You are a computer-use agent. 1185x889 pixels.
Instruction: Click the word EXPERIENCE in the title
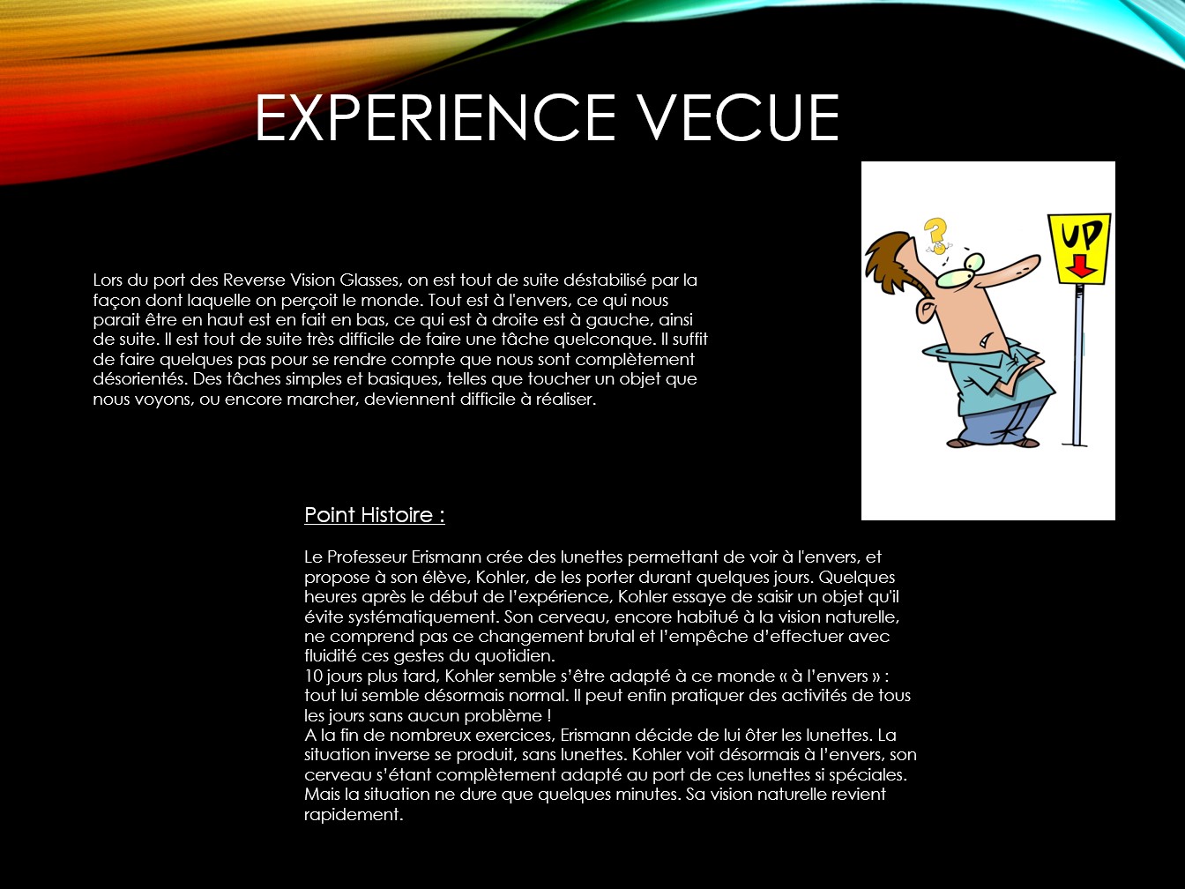click(436, 117)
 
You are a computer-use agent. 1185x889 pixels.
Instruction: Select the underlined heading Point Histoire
click(374, 515)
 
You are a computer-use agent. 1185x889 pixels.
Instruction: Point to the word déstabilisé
click(604, 280)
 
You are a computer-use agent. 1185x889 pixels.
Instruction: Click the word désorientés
click(140, 379)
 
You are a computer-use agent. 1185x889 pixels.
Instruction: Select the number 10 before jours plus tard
click(313, 676)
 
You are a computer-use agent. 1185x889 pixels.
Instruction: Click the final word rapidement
click(354, 815)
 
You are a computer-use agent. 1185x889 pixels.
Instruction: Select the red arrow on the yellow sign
click(1080, 266)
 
